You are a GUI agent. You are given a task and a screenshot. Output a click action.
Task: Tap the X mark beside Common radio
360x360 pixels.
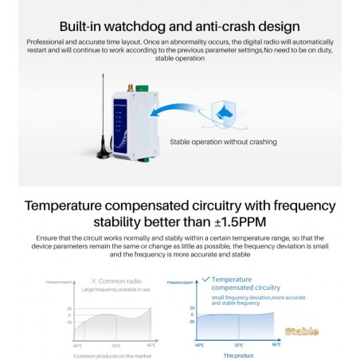[94, 281]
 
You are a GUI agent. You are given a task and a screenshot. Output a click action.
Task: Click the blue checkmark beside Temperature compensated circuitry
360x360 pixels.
[205, 280]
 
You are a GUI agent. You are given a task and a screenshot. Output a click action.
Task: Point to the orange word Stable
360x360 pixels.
[302, 331]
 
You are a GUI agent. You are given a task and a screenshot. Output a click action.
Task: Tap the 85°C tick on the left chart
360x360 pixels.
[151, 346]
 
